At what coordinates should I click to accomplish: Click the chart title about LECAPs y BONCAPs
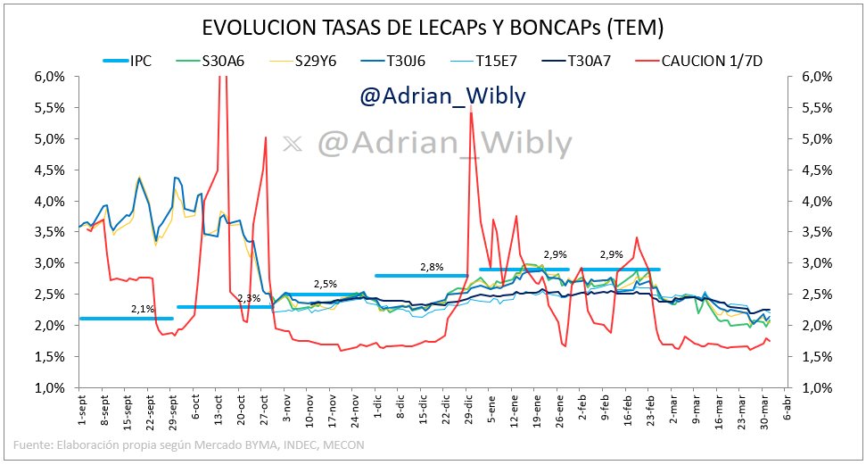click(433, 28)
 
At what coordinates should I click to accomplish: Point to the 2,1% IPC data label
click(143, 309)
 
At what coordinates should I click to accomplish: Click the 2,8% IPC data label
click(432, 266)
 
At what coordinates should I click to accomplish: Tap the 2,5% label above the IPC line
click(325, 284)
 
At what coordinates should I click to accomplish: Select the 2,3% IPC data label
click(250, 298)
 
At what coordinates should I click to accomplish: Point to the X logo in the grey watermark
click(290, 143)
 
